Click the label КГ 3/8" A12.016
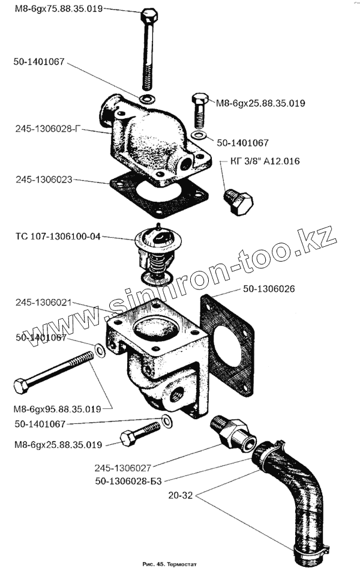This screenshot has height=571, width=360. coord(264,162)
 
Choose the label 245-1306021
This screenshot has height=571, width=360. coord(42,303)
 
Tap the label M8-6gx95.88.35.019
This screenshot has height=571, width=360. coord(57,409)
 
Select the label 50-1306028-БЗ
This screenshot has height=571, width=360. coord(130,480)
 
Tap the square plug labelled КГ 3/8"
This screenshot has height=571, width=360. coord(239,202)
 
